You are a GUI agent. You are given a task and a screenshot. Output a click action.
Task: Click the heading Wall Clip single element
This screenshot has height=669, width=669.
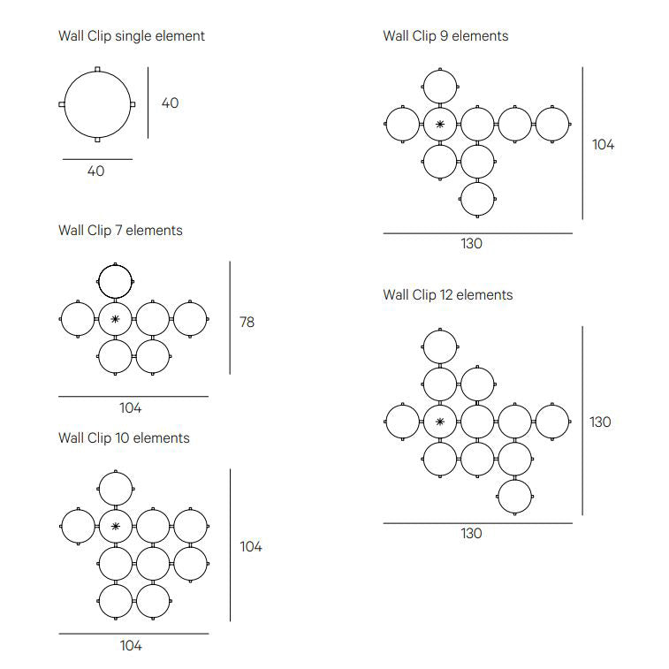132,36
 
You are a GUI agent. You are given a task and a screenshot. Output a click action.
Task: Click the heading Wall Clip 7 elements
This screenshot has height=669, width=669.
120,230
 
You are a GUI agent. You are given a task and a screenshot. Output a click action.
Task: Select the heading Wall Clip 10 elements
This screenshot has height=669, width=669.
124,437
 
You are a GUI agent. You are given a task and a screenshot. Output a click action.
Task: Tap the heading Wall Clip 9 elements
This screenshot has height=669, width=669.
445,36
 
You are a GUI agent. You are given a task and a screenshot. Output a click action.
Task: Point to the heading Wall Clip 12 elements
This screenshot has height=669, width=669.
447,294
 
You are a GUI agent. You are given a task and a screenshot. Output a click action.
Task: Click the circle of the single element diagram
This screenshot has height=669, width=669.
97,103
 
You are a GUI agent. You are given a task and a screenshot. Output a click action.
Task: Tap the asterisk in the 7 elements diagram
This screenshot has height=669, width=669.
115,319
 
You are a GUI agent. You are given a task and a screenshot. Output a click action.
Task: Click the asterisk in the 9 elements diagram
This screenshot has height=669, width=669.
440,125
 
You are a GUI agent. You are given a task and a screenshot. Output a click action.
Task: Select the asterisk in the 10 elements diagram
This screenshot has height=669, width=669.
115,527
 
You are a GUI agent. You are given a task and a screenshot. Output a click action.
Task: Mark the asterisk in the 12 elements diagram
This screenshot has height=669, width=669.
440,422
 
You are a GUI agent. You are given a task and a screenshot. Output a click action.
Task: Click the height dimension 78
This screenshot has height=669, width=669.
247,323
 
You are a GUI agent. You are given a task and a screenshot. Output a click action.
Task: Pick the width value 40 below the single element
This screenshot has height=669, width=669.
95,171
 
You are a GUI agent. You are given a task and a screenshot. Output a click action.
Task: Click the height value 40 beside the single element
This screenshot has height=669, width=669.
170,103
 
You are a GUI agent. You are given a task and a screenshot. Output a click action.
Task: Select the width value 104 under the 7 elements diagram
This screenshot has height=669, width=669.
131,408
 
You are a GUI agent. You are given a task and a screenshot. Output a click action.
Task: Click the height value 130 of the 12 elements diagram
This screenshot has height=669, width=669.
600,422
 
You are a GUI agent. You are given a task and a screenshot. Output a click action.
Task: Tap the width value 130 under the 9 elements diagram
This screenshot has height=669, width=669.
472,244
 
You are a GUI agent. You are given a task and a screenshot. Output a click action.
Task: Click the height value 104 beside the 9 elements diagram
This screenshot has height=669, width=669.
603,145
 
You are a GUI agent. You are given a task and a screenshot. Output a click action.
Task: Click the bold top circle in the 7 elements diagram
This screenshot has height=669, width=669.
115,282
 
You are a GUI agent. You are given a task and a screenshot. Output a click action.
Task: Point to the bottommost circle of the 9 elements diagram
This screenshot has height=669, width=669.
477,199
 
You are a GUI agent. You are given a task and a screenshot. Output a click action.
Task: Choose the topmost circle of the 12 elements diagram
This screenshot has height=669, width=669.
440,347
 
